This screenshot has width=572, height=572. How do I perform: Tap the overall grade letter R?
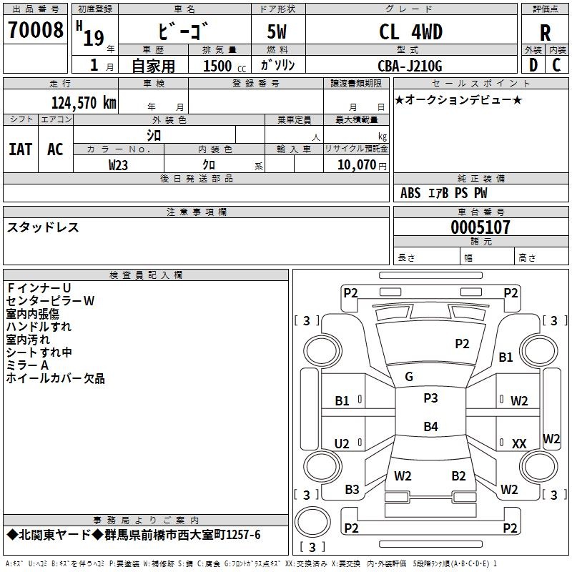click(545, 34)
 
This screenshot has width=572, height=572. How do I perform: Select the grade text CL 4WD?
click(410, 32)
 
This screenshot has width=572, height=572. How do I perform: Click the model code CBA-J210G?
click(410, 66)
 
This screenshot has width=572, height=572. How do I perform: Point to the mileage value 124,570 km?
click(84, 102)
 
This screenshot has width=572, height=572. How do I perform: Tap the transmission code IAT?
click(20, 149)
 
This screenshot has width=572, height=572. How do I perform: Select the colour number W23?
click(119, 164)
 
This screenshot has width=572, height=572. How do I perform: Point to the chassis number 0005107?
click(480, 227)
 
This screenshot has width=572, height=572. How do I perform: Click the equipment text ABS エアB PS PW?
click(445, 193)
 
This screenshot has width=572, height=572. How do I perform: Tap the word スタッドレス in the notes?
click(43, 227)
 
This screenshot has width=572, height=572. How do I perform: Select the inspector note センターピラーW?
click(50, 301)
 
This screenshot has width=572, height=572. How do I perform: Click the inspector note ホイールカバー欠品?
click(56, 378)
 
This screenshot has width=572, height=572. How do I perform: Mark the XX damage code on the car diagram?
click(519, 444)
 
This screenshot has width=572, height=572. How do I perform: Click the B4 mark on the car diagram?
click(430, 427)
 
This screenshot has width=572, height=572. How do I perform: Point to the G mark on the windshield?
click(409, 377)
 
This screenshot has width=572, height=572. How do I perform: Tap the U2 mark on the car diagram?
click(342, 444)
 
